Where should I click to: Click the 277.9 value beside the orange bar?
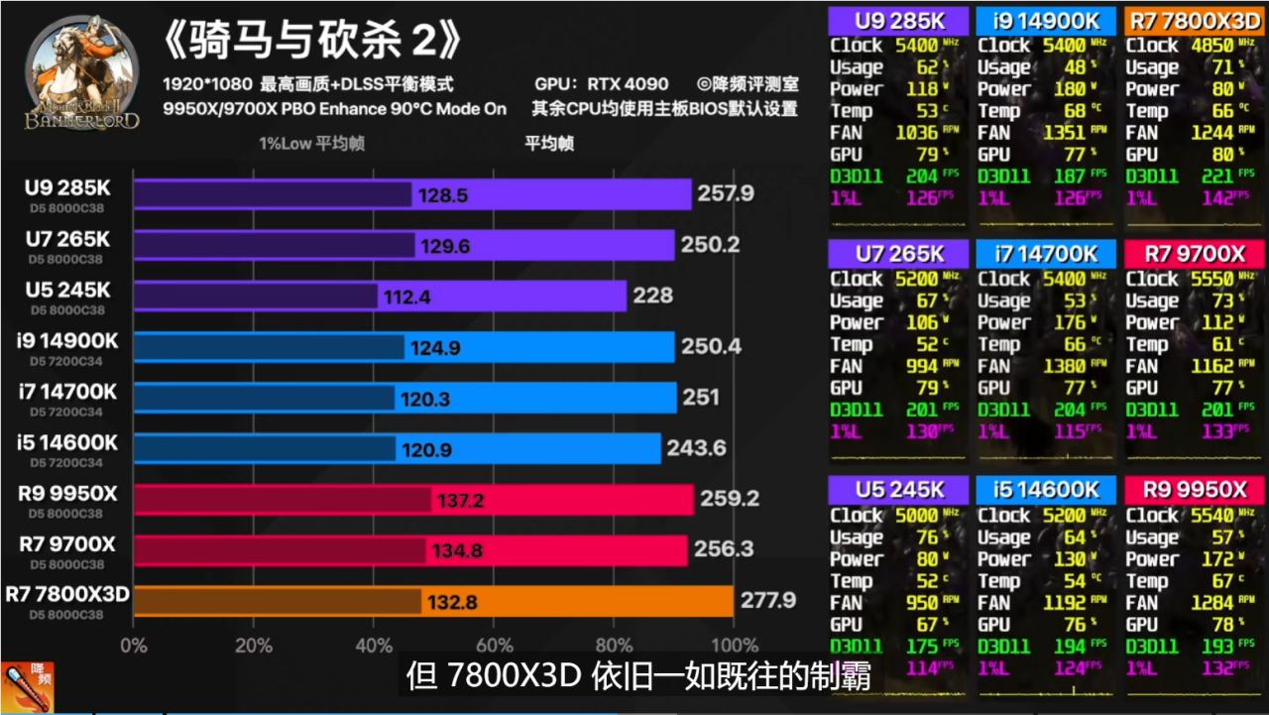[x=768, y=600]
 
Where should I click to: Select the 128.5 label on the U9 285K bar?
[x=443, y=195]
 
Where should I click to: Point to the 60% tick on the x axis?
[x=494, y=646]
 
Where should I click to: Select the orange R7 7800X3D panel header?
[x=1193, y=21]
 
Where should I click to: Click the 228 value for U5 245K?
[x=654, y=296]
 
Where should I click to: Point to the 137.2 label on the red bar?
[x=460, y=501]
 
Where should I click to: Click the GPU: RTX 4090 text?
[x=601, y=84]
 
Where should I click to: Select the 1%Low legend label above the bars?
[x=311, y=143]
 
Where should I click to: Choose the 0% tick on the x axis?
[x=133, y=646]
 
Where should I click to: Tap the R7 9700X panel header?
[x=1193, y=255]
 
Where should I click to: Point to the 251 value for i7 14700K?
[x=700, y=398]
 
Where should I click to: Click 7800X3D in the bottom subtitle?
[x=511, y=676]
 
